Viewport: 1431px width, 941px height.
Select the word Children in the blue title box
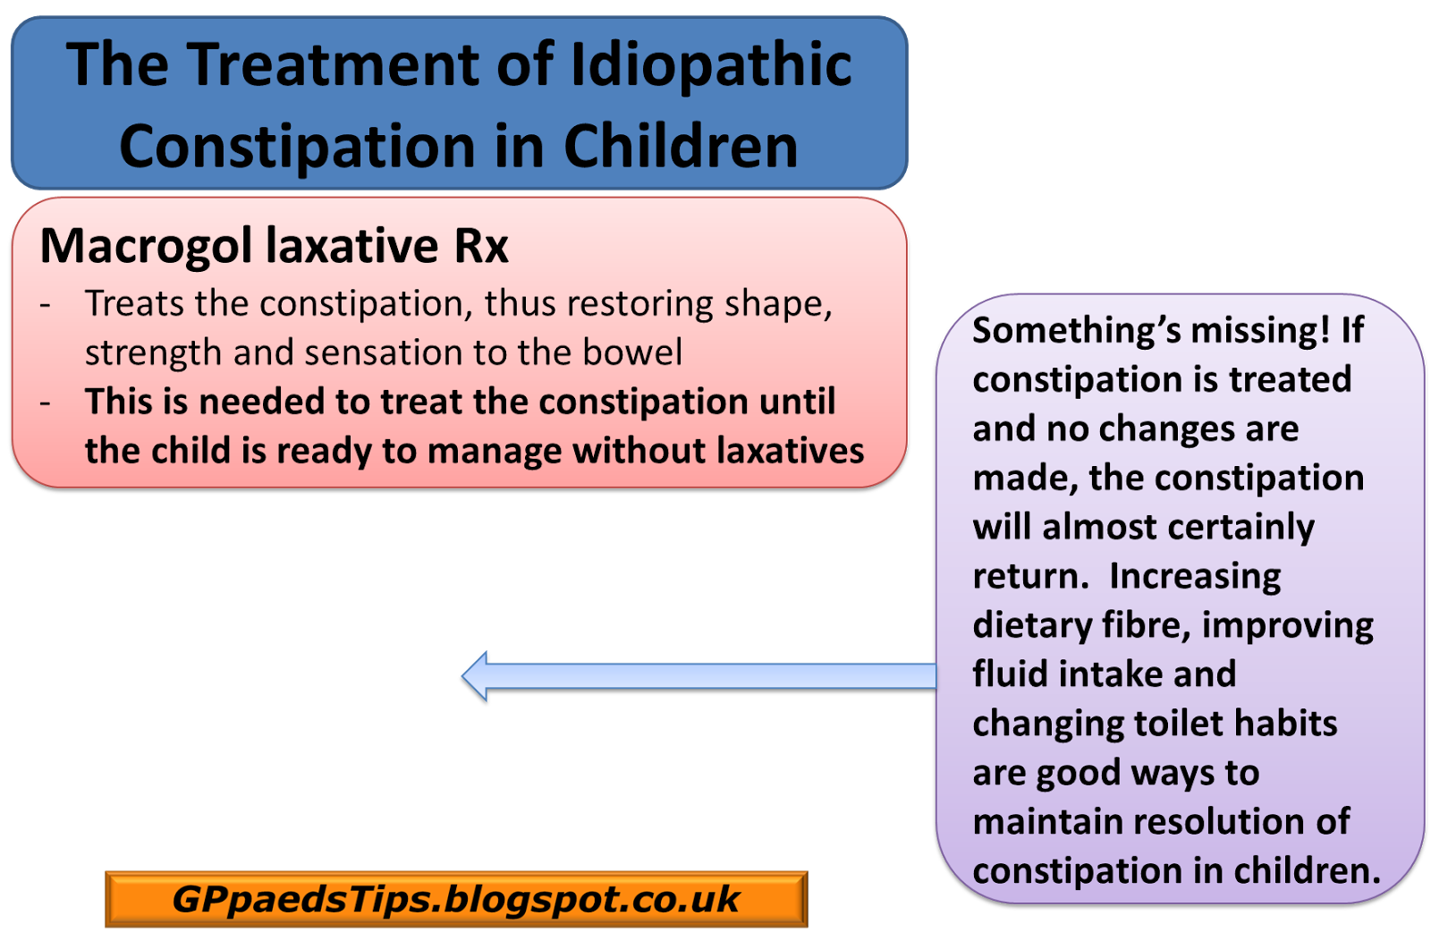coord(680,147)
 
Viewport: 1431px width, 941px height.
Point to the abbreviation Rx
coord(481,246)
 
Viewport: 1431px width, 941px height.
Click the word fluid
coord(1010,674)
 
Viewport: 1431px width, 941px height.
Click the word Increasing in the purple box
coord(1195,577)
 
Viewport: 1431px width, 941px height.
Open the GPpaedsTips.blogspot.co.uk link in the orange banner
coord(456,899)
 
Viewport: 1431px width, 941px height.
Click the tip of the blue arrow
coord(464,676)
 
